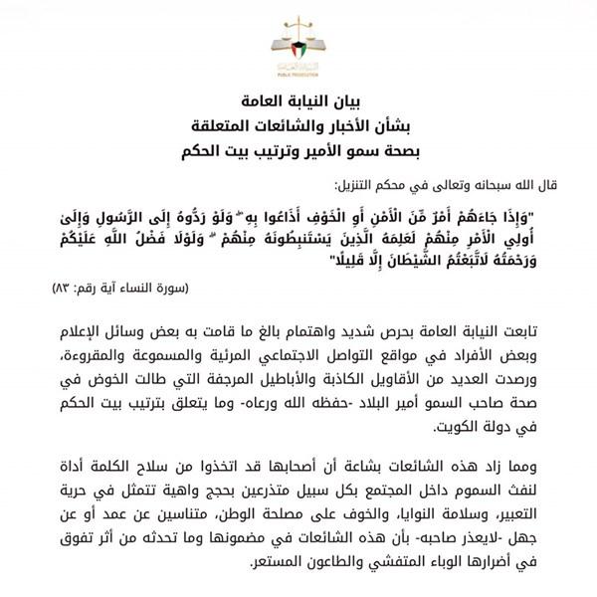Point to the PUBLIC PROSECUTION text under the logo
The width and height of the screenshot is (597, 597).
(298, 76)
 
